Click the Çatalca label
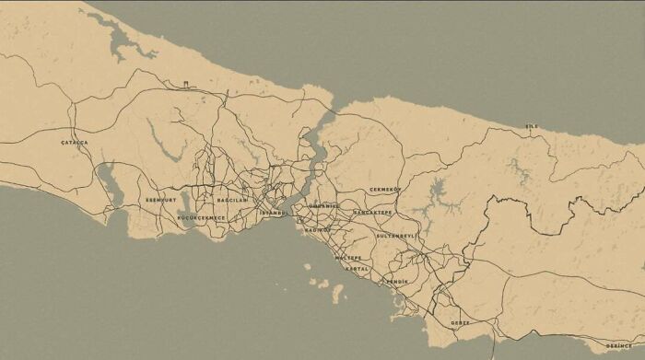[75, 143]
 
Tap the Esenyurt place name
[160, 200]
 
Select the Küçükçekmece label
[201, 218]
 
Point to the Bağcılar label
[232, 200]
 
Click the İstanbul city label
[274, 213]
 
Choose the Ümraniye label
[324, 206]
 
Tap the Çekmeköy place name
[386, 190]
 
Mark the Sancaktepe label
[372, 213]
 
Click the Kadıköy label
[318, 228]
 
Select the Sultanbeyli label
[396, 236]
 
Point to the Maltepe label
[348, 258]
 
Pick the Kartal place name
[358, 269]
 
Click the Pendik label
[397, 281]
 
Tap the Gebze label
[460, 323]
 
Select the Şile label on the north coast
[531, 126]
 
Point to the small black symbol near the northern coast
[186, 84]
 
